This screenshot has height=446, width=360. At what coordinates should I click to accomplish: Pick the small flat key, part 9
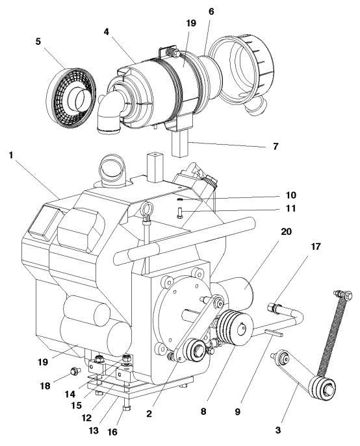[x=274, y=334]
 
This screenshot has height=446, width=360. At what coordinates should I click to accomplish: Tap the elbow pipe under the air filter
[x=108, y=114]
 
